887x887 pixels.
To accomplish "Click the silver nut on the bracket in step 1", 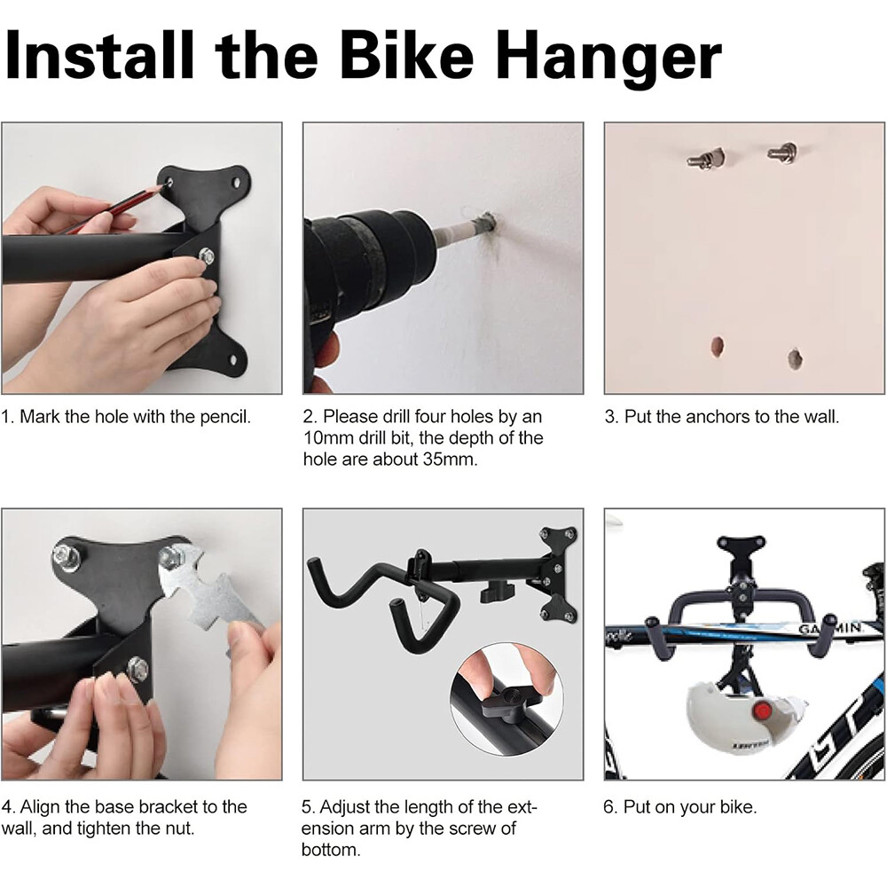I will [x=206, y=257].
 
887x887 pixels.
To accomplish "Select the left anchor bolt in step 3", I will [x=705, y=160].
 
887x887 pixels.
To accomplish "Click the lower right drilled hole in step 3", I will [x=795, y=358].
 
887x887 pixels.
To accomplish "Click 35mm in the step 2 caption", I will [x=447, y=460].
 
